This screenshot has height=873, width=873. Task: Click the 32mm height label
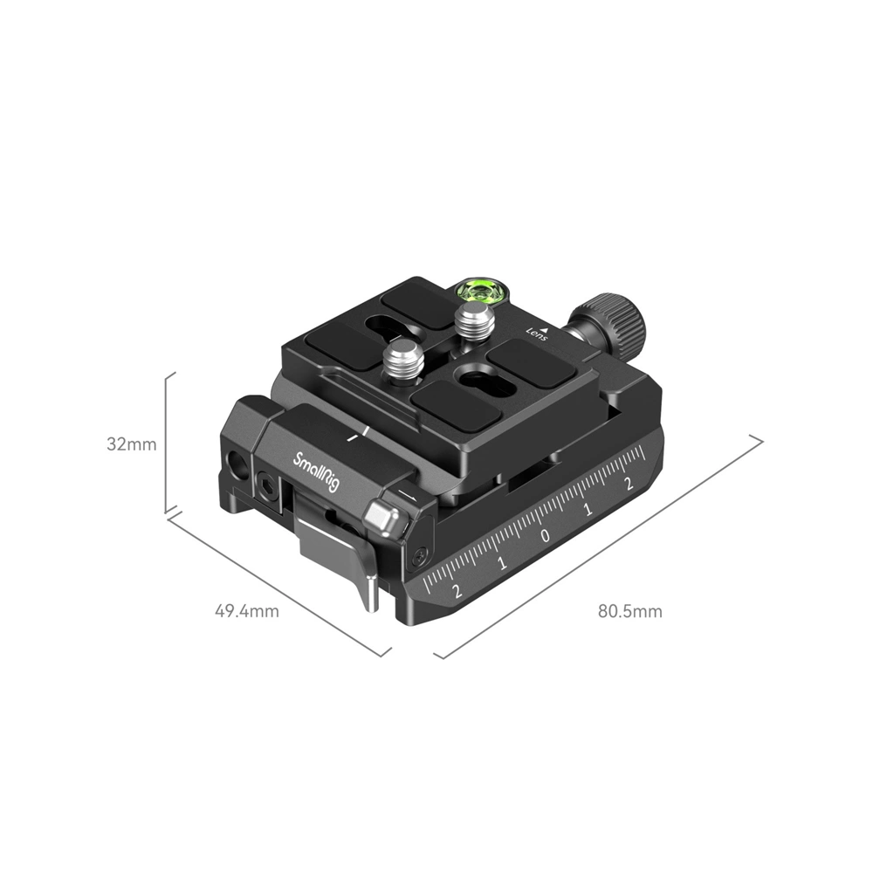pos(131,443)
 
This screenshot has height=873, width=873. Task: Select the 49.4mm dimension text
pos(247,611)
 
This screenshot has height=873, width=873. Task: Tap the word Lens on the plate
pos(536,332)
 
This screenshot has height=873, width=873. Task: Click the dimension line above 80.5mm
pos(602,546)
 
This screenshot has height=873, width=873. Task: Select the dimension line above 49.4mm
pos(278,583)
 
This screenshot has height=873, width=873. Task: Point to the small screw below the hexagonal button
pos(420,553)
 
